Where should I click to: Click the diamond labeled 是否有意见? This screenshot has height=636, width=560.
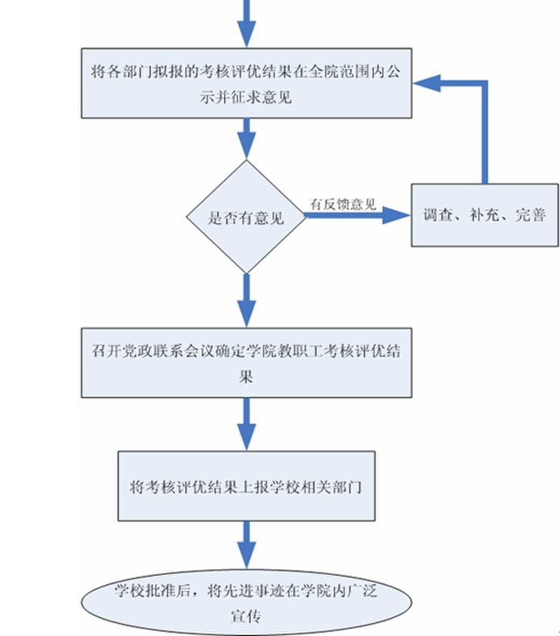click(247, 217)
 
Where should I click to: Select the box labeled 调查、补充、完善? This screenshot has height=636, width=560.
click(485, 216)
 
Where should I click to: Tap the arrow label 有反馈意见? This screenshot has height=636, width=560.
click(342, 204)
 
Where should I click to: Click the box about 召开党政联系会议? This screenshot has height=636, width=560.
click(247, 363)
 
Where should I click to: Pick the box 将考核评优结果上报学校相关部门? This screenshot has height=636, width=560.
click(247, 487)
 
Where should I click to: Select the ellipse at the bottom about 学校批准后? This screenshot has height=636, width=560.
click(247, 603)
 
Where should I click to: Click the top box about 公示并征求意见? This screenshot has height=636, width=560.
click(247, 83)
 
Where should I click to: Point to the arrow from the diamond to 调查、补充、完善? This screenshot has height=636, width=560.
click(355, 216)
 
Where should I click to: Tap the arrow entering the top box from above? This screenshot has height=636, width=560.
click(247, 24)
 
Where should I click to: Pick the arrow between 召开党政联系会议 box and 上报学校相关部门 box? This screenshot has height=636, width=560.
click(247, 424)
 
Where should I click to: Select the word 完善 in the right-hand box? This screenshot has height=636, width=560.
click(530, 216)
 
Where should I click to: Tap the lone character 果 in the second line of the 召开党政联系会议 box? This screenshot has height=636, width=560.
click(246, 376)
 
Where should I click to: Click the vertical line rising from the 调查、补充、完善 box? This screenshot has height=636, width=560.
click(485, 135)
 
